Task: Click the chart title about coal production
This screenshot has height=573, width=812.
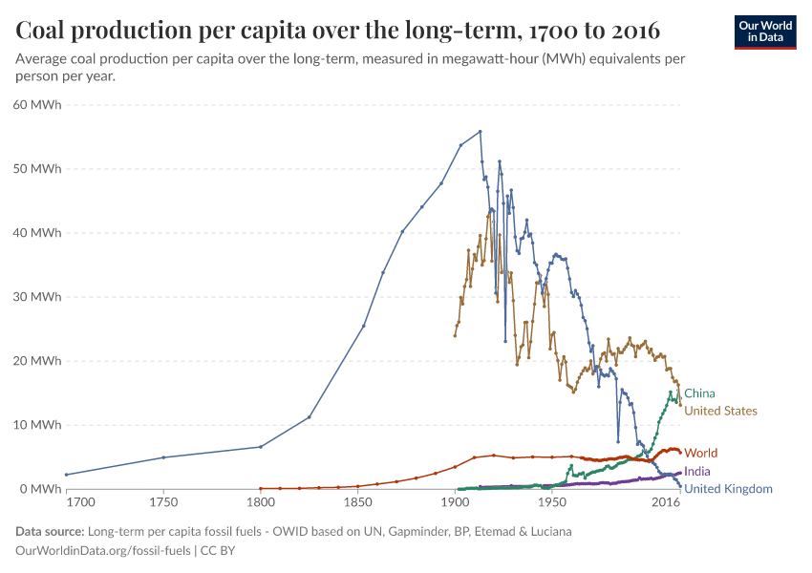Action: point(338,31)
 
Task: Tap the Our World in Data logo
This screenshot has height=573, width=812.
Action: point(765,32)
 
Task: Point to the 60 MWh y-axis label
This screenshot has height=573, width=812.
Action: point(38,105)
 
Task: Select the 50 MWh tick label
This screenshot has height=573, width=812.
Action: point(38,169)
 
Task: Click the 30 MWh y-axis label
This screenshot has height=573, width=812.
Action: point(38,297)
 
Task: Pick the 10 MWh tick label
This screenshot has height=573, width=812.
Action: point(38,425)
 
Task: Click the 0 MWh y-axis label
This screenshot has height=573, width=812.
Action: point(41,489)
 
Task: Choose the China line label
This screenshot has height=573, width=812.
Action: point(699,393)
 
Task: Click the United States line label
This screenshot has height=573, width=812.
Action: point(721,411)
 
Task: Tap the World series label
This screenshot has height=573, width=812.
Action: point(700,453)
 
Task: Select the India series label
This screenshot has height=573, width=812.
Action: point(697,472)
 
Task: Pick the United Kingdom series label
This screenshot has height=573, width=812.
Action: point(728,489)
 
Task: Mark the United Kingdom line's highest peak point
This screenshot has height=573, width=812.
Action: point(480,132)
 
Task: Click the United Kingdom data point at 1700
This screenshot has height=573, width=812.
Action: point(66,475)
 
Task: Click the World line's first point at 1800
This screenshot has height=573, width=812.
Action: point(260,488)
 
